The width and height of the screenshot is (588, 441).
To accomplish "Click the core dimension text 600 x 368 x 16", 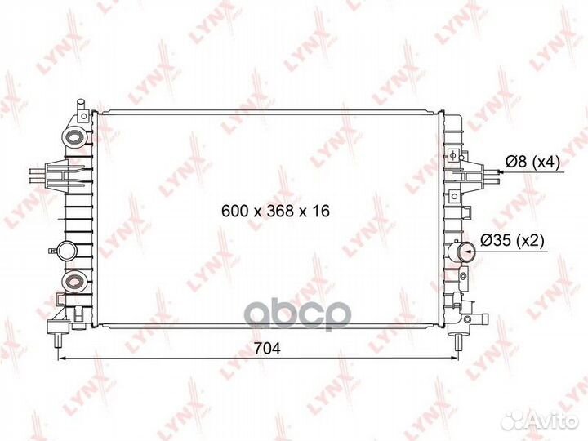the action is pyautogui.click(x=276, y=212).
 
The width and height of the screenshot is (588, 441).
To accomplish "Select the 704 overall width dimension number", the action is pyautogui.click(x=267, y=349).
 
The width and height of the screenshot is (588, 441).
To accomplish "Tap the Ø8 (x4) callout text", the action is pyautogui.click(x=532, y=162).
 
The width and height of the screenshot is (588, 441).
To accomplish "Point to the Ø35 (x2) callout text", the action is pyautogui.click(x=512, y=240).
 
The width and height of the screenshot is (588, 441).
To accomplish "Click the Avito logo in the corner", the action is pyautogui.click(x=539, y=421).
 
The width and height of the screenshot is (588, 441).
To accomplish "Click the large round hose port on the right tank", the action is pyautogui.click(x=465, y=252).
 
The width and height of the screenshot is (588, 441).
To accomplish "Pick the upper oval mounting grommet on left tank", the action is pyautogui.click(x=74, y=137).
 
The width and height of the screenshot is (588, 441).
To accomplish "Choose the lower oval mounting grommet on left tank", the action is pyautogui.click(x=74, y=281).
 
